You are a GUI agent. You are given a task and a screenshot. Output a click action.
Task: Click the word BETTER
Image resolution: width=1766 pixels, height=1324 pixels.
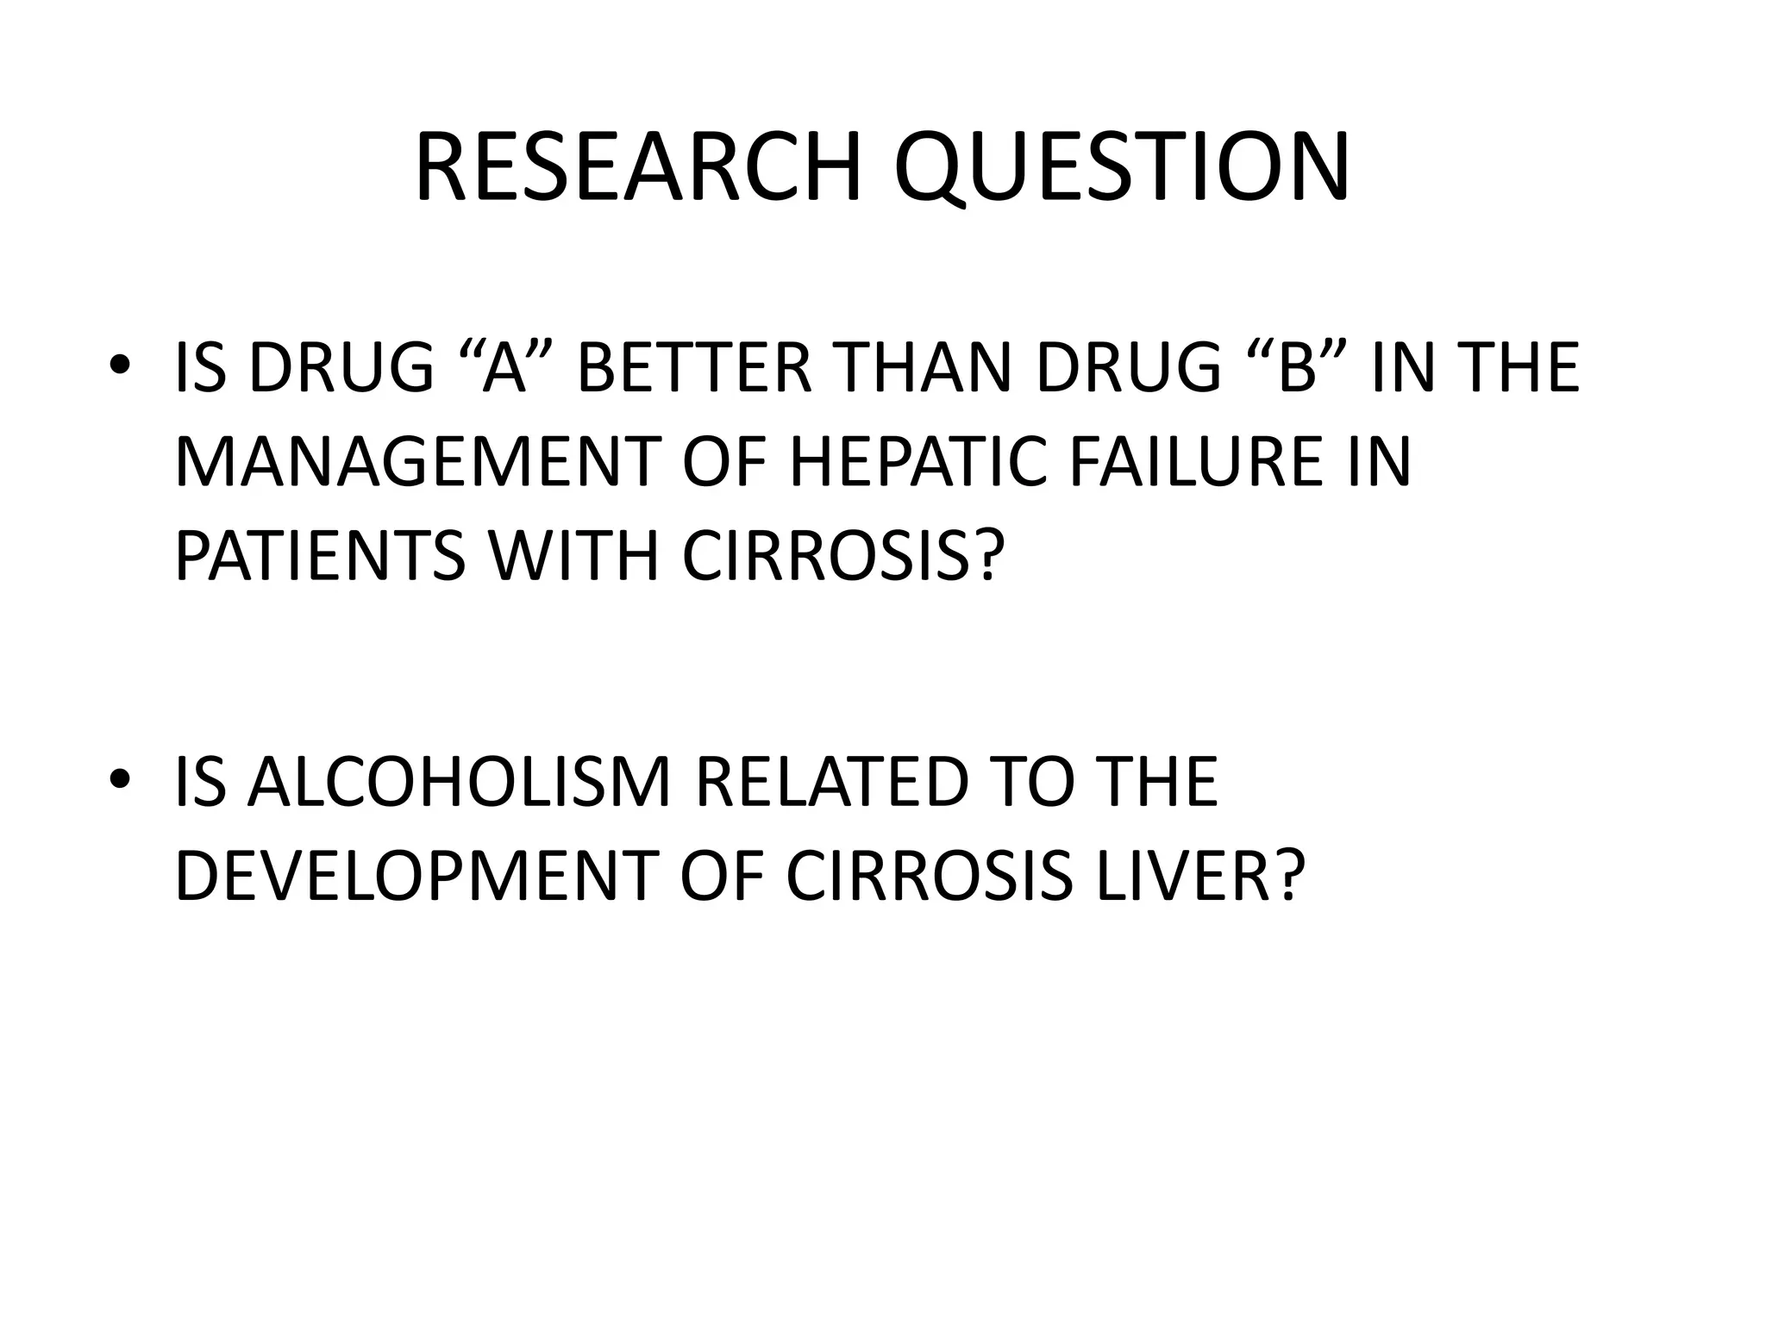(x=694, y=368)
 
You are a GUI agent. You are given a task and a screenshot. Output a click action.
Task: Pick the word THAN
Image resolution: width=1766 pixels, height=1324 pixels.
(x=922, y=368)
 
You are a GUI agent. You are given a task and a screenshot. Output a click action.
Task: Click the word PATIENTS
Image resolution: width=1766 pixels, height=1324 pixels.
(x=320, y=557)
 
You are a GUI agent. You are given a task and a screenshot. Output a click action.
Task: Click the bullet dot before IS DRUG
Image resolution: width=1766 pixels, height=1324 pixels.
(x=120, y=365)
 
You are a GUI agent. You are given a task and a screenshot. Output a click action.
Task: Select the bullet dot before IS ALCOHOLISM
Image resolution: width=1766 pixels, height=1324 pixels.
(x=120, y=779)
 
